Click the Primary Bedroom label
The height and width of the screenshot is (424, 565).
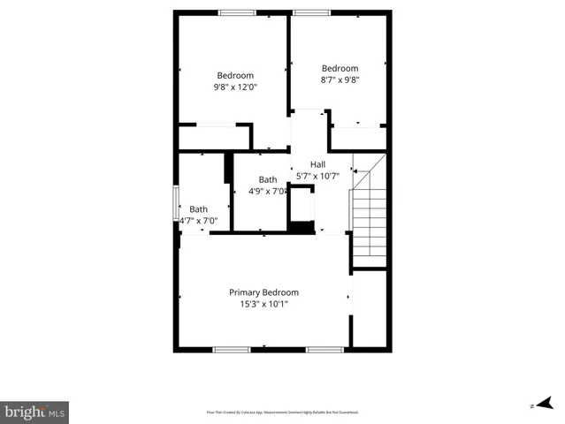(x=263, y=292)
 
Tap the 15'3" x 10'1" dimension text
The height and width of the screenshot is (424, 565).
(x=263, y=304)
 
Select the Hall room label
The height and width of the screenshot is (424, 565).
(x=317, y=164)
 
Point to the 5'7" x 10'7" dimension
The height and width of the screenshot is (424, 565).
(x=317, y=176)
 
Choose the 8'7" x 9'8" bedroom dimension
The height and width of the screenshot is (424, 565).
(x=340, y=79)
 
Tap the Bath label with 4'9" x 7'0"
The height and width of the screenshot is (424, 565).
(x=267, y=179)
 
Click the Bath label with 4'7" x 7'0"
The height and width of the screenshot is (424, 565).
(x=198, y=209)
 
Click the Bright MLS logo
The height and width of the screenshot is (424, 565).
(x=35, y=412)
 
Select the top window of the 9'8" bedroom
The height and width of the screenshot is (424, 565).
(x=237, y=12)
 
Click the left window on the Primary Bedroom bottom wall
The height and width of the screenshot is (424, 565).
(x=232, y=350)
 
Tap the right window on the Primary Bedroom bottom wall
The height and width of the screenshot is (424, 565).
(x=324, y=350)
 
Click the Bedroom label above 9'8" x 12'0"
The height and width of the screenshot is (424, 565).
(x=235, y=75)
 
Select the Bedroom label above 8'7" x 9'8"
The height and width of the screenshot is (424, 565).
(x=340, y=68)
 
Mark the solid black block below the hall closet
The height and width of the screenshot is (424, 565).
(x=303, y=227)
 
